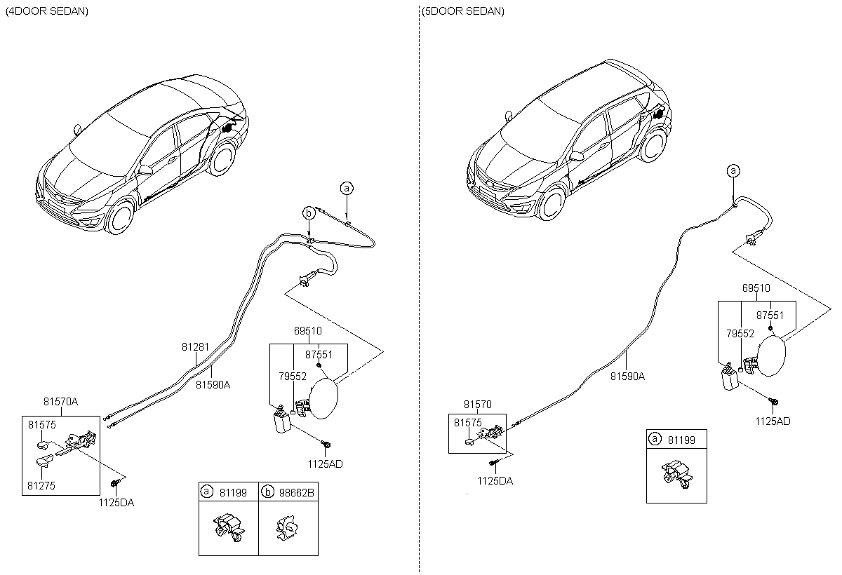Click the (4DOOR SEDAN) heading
[47, 11]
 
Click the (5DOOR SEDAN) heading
[462, 11]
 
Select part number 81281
[195, 346]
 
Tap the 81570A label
[60, 402]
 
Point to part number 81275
[41, 486]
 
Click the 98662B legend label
[296, 492]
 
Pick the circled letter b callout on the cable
[309, 213]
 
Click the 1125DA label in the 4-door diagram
[116, 503]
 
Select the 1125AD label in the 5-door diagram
[773, 421]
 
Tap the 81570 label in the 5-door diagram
[477, 404]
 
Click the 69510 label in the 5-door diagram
[756, 287]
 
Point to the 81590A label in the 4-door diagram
[213, 384]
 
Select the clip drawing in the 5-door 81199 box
[676, 475]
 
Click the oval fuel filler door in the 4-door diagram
[323, 398]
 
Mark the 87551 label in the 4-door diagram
[319, 355]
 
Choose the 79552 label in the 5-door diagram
[740, 334]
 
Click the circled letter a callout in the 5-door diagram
[733, 171]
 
